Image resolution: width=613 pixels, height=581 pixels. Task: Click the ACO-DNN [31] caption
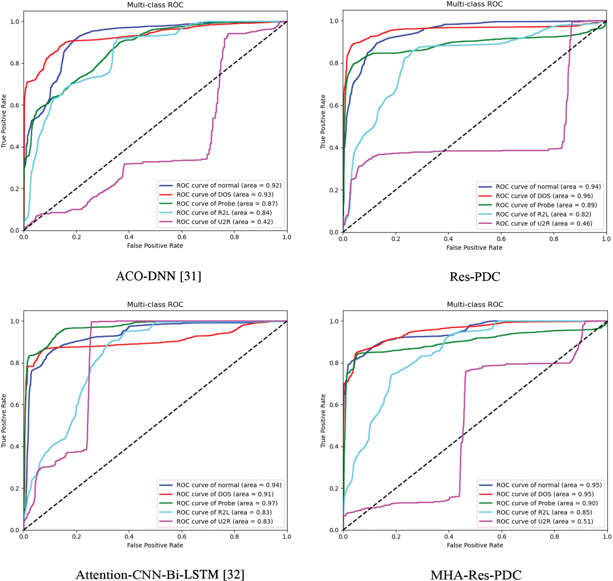[158, 276]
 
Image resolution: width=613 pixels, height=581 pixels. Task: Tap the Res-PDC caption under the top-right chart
[475, 277]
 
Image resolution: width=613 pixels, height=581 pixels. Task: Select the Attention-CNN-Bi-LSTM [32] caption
[160, 574]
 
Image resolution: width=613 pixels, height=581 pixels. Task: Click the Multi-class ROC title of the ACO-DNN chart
[155, 5]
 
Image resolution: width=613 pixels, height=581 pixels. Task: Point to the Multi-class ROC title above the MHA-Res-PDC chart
[475, 304]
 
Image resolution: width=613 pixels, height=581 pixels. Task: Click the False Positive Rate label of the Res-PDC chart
[474, 247]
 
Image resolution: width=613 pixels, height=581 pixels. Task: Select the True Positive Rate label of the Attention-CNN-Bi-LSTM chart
[4, 421]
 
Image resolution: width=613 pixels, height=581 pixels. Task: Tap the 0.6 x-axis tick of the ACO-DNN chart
[182, 237]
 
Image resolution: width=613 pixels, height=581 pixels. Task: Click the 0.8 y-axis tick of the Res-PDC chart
[334, 63]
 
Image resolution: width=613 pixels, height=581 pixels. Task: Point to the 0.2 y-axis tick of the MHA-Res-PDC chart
[334, 488]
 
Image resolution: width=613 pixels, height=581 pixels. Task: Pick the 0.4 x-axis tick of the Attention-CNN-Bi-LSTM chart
[129, 537]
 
